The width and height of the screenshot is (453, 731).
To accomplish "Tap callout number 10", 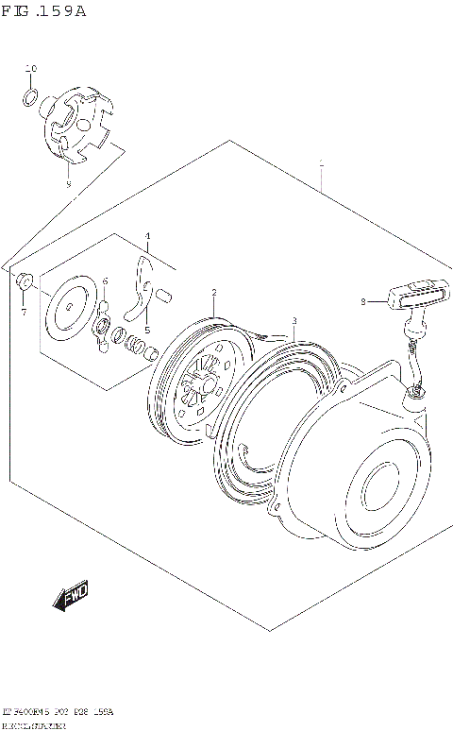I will [x=30, y=70].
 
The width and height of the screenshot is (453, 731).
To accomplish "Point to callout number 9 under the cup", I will [x=68, y=185].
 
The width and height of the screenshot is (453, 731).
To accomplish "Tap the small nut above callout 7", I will [x=25, y=280].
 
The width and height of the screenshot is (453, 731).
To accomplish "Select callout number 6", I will [x=106, y=280].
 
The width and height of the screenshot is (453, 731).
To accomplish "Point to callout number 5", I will [x=146, y=329].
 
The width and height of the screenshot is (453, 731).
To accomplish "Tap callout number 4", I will [x=147, y=236].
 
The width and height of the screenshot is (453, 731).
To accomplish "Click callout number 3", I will [x=294, y=321].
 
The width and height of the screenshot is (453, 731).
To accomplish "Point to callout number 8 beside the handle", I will [x=362, y=302].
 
